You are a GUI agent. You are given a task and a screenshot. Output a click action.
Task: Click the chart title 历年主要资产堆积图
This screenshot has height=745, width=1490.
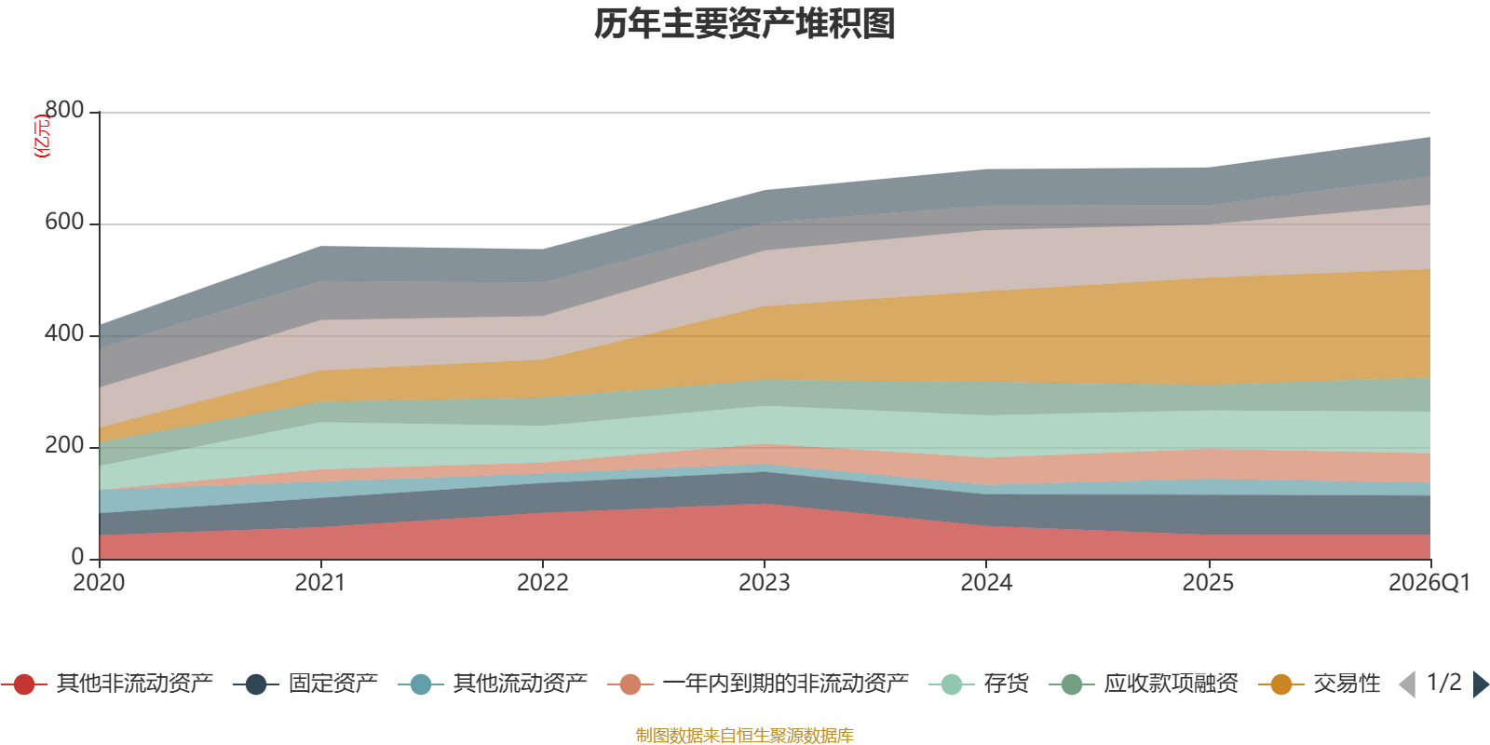click(x=744, y=24)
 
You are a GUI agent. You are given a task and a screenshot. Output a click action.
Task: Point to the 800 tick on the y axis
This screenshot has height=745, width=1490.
click(x=64, y=110)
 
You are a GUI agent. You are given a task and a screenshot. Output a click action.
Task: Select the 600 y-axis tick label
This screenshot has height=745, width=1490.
click(x=64, y=222)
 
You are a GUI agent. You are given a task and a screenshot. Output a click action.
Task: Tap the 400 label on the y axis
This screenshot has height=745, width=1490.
click(x=64, y=333)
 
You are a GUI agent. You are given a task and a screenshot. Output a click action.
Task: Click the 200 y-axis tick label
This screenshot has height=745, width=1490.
click(x=64, y=445)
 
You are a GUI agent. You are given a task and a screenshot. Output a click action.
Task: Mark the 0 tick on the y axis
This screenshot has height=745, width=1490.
click(x=77, y=557)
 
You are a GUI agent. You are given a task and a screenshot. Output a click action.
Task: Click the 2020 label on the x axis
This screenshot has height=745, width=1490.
click(x=99, y=583)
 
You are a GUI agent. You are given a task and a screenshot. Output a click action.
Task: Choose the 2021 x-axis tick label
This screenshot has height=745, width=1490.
click(x=320, y=583)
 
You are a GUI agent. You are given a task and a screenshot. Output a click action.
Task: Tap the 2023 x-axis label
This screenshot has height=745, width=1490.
click(x=765, y=583)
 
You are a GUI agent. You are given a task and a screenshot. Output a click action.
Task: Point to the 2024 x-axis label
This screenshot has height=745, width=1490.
click(x=986, y=583)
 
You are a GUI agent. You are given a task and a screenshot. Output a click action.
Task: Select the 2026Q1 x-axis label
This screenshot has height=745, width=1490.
click(x=1429, y=583)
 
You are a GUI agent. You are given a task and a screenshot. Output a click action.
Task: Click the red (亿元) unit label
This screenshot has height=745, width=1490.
click(x=42, y=136)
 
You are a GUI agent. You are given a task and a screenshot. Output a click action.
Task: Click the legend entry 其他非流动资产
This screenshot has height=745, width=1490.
click(x=107, y=684)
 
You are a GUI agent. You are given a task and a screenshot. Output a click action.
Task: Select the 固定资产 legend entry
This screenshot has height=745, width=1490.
click(x=305, y=684)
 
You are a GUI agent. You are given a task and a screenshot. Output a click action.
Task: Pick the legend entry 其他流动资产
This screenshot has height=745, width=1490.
click(x=493, y=684)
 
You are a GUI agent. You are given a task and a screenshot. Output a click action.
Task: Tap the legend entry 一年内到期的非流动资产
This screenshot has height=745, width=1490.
click(x=758, y=684)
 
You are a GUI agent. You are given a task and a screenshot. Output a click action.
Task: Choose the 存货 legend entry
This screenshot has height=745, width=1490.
click(x=979, y=684)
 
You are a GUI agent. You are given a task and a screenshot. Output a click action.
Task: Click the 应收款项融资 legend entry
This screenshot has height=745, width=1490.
click(x=1144, y=684)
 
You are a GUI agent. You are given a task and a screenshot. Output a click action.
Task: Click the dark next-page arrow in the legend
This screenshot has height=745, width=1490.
click(x=1481, y=684)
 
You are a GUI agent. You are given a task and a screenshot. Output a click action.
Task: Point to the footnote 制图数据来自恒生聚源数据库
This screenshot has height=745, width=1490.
click(x=744, y=735)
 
